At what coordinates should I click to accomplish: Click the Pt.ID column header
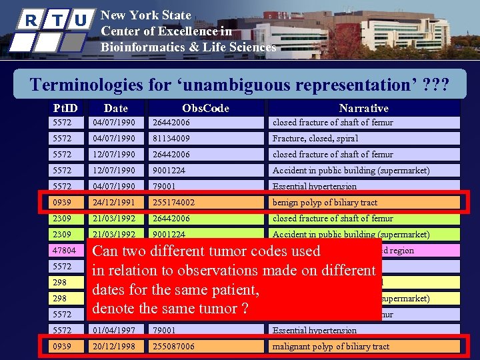[65, 107]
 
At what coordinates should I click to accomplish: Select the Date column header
[116, 107]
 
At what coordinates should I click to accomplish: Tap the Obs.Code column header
[205, 107]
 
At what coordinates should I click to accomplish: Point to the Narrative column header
[363, 107]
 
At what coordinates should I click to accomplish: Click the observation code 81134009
[171, 139]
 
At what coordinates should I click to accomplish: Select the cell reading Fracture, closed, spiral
[315, 139]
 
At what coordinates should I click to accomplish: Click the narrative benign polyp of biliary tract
[325, 203]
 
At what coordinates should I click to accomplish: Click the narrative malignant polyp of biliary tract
[331, 347]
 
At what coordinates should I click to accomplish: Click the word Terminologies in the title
[87, 85]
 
